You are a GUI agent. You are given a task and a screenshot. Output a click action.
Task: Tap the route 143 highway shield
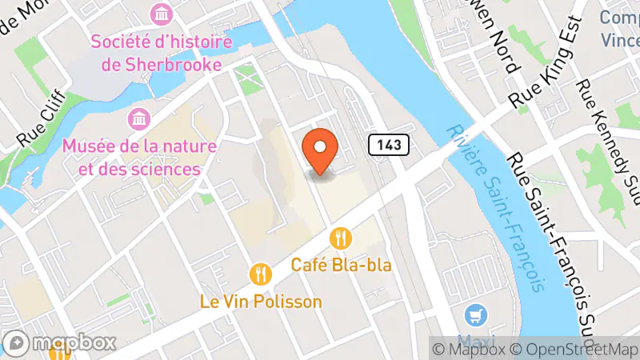tap(390, 145)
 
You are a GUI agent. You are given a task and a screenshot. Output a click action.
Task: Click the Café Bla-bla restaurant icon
tap(342, 238)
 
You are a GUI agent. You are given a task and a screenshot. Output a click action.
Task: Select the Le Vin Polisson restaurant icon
tap(261, 274)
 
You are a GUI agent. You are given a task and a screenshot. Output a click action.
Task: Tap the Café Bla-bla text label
tap(342, 264)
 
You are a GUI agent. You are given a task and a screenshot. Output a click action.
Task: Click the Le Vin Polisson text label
tap(261, 302)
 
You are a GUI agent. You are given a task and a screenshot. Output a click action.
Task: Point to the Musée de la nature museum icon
tap(139, 119)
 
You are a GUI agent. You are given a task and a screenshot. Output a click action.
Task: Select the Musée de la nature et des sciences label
tap(131, 158)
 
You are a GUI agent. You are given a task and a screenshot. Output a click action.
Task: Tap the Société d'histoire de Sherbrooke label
tap(162, 52)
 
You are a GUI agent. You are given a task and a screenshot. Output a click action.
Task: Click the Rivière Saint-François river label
tap(497, 207)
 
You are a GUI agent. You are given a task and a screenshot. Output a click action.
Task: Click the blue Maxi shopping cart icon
tap(478, 314)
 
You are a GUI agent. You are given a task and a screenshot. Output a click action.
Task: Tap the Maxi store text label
tap(478, 338)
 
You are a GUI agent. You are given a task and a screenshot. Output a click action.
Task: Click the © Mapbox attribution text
tap(471, 349)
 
